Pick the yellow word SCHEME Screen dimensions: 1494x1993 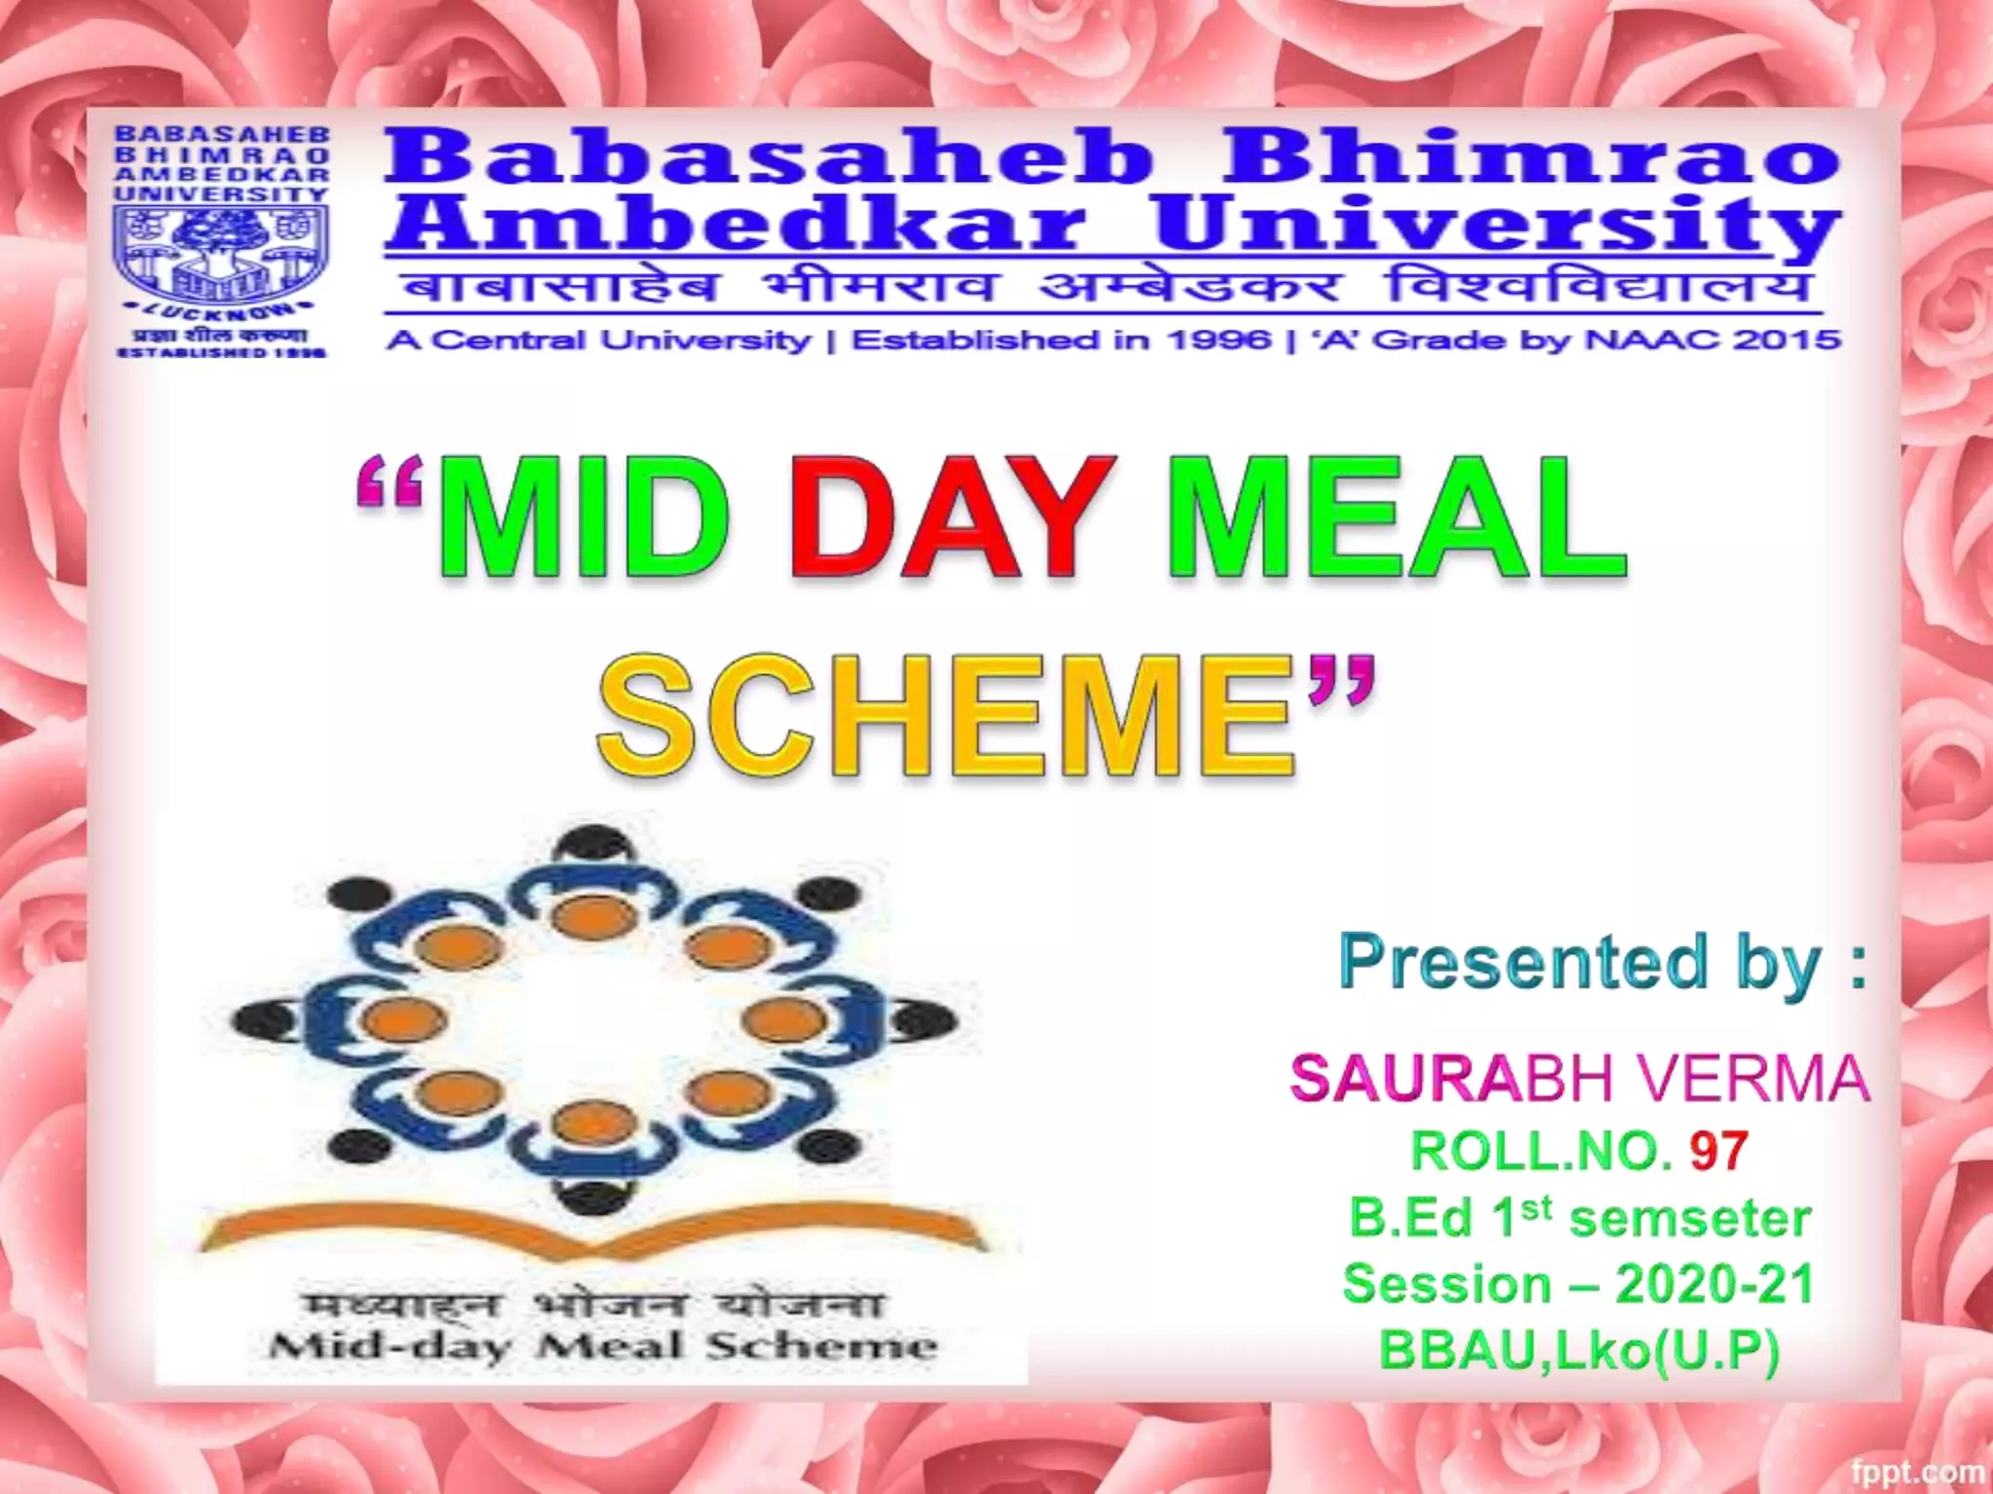click(949, 717)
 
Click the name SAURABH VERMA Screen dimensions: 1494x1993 click(1578, 1079)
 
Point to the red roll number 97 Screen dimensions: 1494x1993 click(1719, 1152)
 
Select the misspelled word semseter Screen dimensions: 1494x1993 click(1690, 1219)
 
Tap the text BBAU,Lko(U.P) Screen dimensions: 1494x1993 click(1578, 1349)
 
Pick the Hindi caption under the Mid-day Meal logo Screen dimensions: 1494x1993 click(594, 1303)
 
